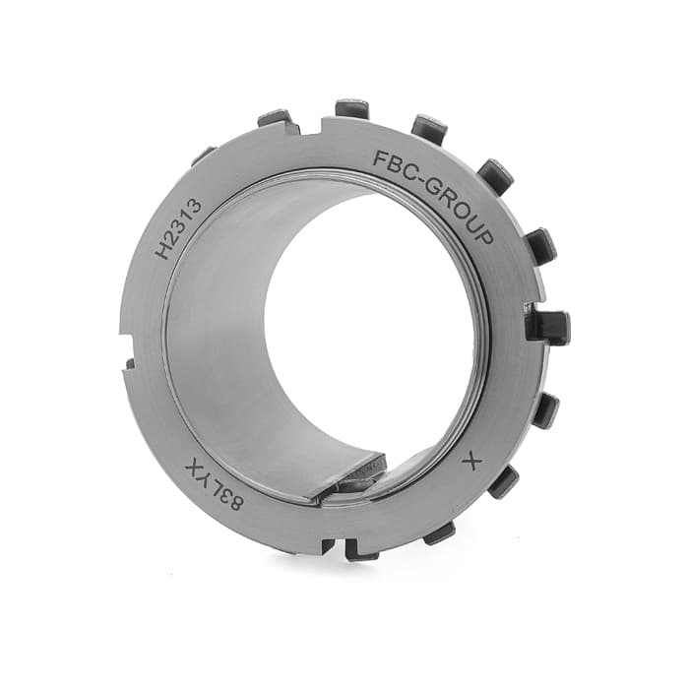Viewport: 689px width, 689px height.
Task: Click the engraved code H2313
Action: point(179,228)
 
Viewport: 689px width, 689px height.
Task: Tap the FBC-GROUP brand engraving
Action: point(435,191)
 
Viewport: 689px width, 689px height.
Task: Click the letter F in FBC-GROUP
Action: point(380,157)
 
